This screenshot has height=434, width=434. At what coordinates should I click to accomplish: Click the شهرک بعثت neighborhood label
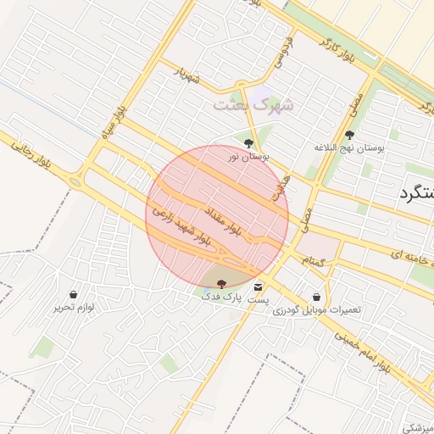click(253, 105)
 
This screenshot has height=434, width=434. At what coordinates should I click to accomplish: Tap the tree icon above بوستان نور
click(248, 142)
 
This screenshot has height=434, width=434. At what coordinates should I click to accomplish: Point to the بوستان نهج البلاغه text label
click(349, 147)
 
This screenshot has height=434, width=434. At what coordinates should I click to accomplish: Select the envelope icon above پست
click(259, 287)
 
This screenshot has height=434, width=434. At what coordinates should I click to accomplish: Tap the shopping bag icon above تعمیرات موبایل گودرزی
click(317, 297)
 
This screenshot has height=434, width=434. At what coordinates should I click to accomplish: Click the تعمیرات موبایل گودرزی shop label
click(317, 309)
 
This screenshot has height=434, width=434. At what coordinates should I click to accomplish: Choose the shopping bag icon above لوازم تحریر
click(73, 294)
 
